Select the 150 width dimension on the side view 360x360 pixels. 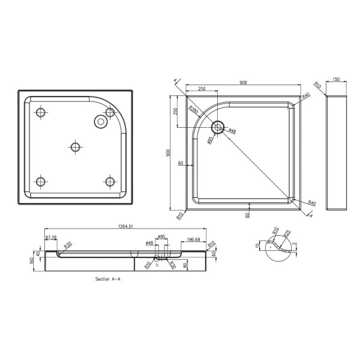point(336,79)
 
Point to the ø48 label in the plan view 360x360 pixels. point(232,131)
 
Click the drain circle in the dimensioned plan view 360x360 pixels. point(218,127)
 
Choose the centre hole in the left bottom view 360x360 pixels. point(75,146)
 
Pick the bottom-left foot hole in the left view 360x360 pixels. point(40,181)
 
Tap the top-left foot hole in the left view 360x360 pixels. point(40,112)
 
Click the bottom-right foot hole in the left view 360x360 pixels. point(110,181)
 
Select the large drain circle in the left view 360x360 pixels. point(99,121)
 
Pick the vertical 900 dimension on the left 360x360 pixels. point(168,154)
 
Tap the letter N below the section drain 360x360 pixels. point(157,265)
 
